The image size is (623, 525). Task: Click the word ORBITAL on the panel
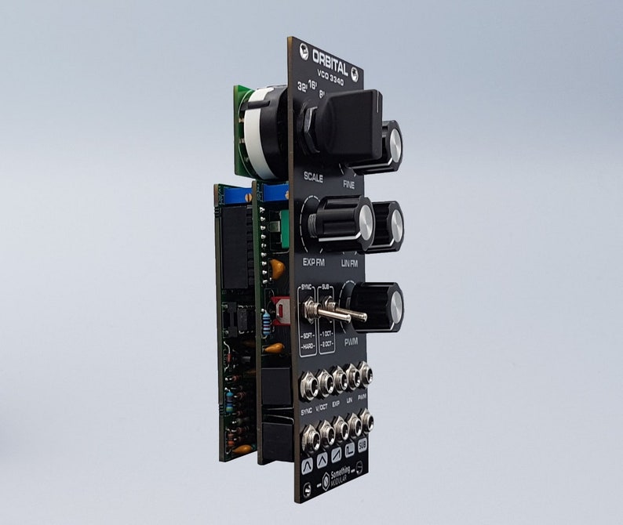pos(329,60)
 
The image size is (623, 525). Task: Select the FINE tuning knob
pos(384,146)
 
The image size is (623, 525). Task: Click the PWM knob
pos(377,306)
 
